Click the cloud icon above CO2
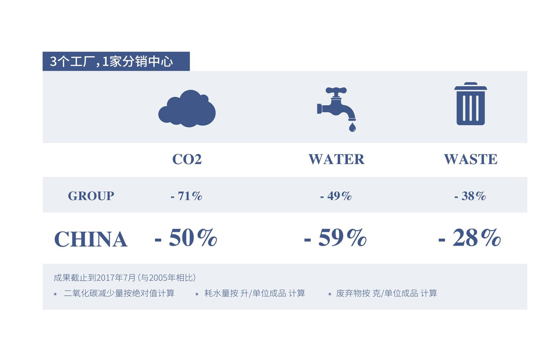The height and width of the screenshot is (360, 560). click(187, 109)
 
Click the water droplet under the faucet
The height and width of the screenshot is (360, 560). click(352, 127)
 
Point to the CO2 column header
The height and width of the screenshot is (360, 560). click(187, 159)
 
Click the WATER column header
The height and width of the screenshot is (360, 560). click(336, 159)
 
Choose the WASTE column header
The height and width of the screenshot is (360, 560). click(470, 159)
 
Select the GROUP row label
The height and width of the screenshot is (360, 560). click(91, 196)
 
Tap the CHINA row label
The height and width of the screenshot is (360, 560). click(91, 239)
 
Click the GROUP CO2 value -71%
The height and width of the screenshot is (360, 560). click(186, 196)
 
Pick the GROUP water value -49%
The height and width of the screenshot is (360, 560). click(336, 196)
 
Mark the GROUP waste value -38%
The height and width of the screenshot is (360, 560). click(470, 196)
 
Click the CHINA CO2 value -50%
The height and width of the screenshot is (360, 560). click(186, 238)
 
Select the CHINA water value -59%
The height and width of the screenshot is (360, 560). click(335, 238)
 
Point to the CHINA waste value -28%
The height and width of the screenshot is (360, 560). click(470, 238)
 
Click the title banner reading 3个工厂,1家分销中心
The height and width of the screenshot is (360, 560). click(116, 61)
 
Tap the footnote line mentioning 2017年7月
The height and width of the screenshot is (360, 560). click(125, 278)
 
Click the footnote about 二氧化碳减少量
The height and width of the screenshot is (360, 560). click(119, 293)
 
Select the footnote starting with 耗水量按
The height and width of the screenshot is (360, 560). click(254, 293)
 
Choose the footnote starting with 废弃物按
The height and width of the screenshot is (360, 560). click(386, 293)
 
